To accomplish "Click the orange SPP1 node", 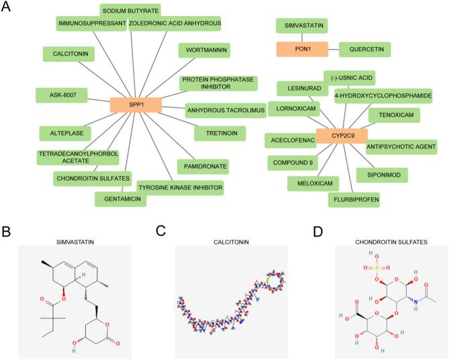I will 136,104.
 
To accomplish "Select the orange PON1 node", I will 302,48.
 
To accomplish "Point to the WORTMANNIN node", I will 205,50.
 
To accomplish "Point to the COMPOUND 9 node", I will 294,162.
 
